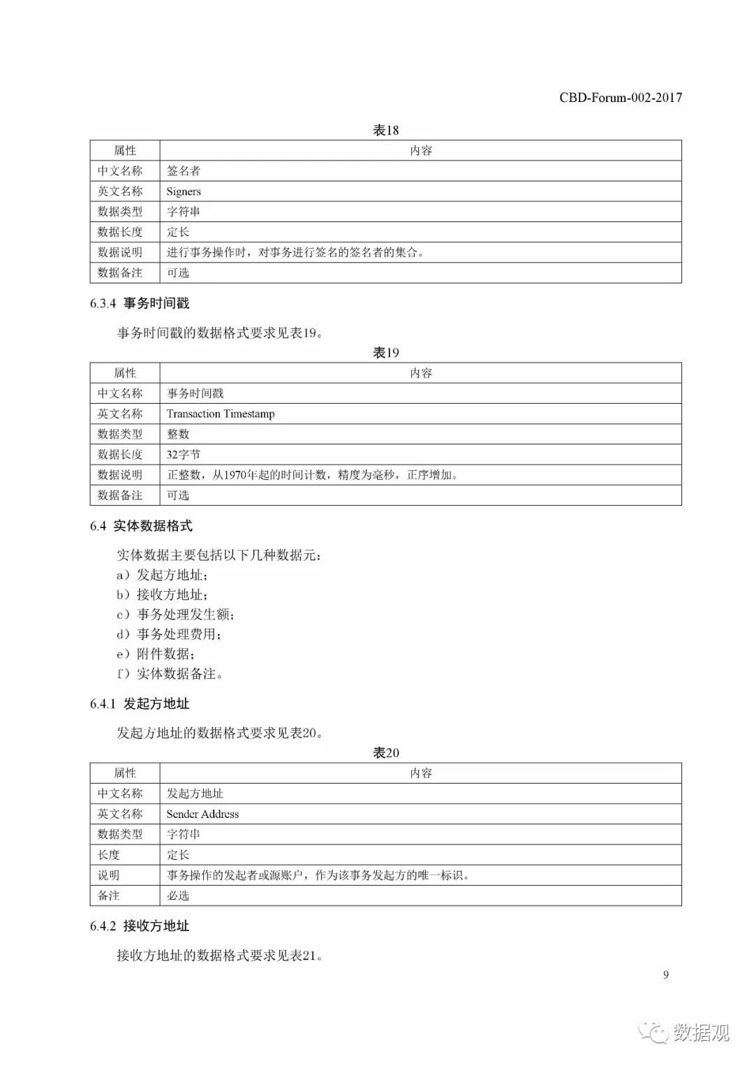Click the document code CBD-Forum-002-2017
(x=620, y=98)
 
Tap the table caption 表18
(x=385, y=130)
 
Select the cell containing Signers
(x=184, y=191)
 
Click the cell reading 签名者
(x=184, y=171)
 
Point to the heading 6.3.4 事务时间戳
(x=140, y=303)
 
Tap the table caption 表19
(x=385, y=353)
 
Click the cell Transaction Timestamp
(x=221, y=414)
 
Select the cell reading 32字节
(x=184, y=455)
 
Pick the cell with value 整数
(x=178, y=435)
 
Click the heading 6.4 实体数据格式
(x=141, y=526)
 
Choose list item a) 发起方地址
(x=162, y=575)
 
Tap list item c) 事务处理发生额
(x=175, y=615)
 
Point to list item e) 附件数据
(x=155, y=654)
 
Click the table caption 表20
(x=385, y=753)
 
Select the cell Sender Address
(x=202, y=814)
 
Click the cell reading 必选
(x=178, y=896)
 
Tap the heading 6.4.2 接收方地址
(x=140, y=926)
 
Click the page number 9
(x=665, y=975)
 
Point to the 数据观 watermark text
(x=701, y=1032)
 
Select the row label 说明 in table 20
(x=109, y=875)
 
